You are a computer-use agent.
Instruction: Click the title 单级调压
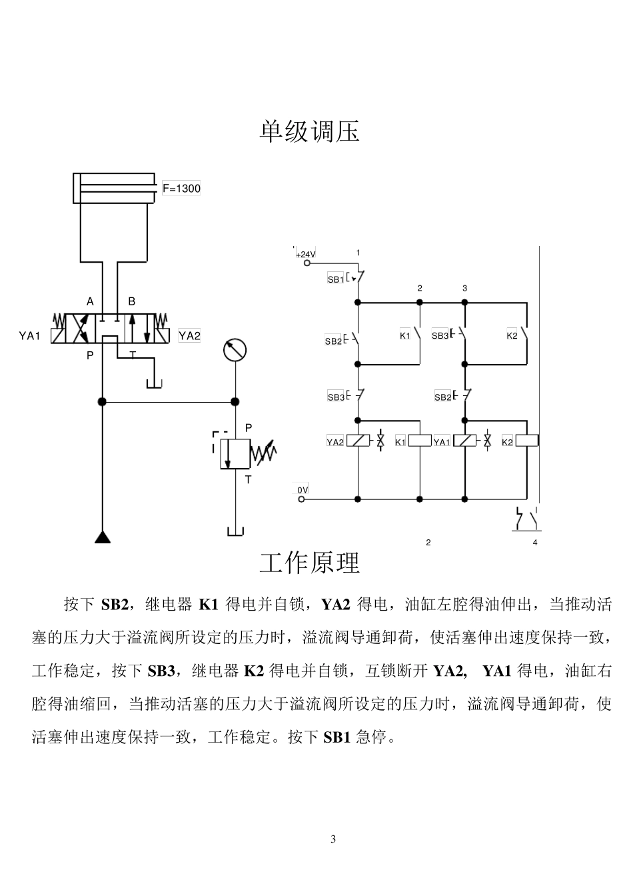pyautogui.click(x=309, y=131)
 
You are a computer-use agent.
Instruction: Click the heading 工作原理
pyautogui.click(x=309, y=563)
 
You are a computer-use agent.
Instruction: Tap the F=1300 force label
pyautogui.click(x=181, y=188)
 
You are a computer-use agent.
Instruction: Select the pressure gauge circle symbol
pyautogui.click(x=235, y=350)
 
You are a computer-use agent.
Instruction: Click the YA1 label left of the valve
pyautogui.click(x=29, y=336)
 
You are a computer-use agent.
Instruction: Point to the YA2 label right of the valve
pyautogui.click(x=189, y=335)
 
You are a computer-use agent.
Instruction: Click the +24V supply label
pyautogui.click(x=306, y=254)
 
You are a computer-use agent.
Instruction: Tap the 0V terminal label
pyautogui.click(x=303, y=490)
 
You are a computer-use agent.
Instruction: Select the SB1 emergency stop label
pyautogui.click(x=336, y=279)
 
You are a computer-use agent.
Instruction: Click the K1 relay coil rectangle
pyautogui.click(x=420, y=441)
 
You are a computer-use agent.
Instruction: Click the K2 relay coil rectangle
pyautogui.click(x=527, y=441)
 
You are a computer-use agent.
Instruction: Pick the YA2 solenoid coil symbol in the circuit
pyautogui.click(x=358, y=441)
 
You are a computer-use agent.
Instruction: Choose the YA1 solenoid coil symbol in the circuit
pyautogui.click(x=464, y=441)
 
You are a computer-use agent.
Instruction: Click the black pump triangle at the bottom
pyautogui.click(x=103, y=537)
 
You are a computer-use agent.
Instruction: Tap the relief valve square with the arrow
pyautogui.click(x=235, y=453)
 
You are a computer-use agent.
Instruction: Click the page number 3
pyautogui.click(x=333, y=839)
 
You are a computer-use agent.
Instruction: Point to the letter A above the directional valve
pyautogui.click(x=90, y=301)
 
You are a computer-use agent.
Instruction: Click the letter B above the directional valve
pyautogui.click(x=131, y=301)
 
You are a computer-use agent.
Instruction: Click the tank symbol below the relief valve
pyautogui.click(x=235, y=531)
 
